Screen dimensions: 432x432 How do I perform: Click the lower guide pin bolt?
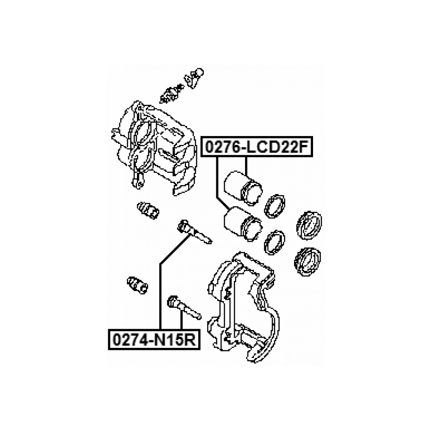[x=183, y=306]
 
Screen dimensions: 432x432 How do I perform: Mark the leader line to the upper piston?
[x=246, y=166]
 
